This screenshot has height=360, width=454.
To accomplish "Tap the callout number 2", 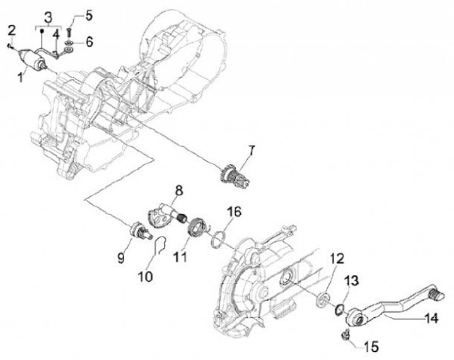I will coord(11,30).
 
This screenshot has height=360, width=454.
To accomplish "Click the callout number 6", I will coord(89,42).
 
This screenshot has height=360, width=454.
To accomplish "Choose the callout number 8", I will coord(179,189).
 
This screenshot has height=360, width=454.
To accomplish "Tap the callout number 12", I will coord(336,258).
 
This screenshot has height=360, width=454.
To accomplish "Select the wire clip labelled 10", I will coord(160,247).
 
